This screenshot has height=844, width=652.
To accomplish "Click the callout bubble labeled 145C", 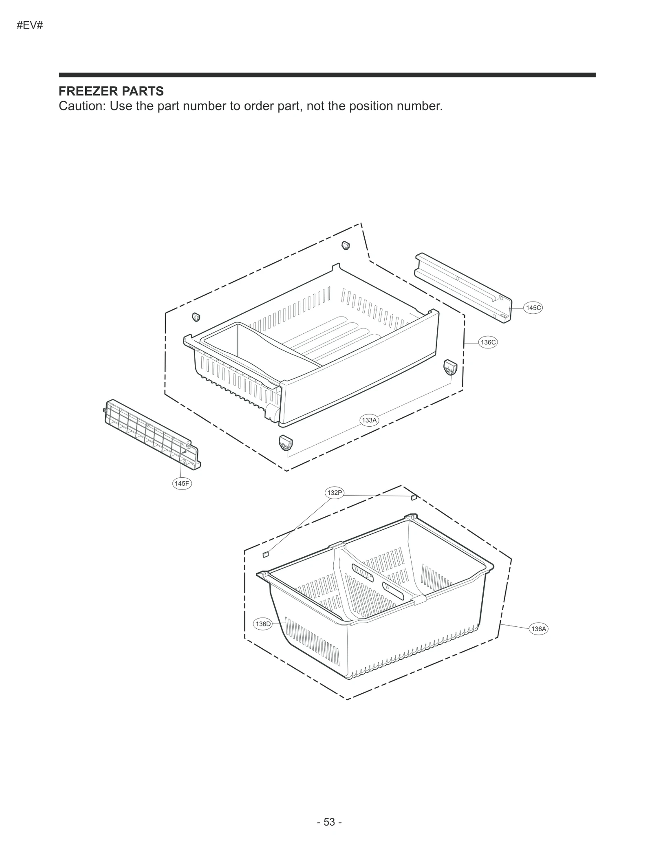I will [533, 308].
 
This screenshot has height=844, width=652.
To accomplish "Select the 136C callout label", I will [488, 342].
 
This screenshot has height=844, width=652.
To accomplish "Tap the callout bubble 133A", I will [369, 420].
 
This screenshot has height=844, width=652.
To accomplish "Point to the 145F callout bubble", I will [182, 483].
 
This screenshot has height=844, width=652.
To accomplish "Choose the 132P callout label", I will [335, 493].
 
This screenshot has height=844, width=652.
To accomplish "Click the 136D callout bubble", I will [262, 624].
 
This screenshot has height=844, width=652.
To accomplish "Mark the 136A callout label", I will [538, 629].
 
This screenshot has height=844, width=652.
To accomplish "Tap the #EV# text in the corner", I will [30, 25].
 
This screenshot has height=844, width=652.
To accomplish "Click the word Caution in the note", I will [81, 106].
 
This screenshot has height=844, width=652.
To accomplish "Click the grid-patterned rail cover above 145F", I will [152, 434].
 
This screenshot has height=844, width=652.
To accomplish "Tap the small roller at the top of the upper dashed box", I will [346, 245].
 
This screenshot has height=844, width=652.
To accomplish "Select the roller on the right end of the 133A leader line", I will [450, 368].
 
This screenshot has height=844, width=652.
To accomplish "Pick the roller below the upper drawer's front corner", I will [286, 443].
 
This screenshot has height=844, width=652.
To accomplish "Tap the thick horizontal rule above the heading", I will [327, 75].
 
